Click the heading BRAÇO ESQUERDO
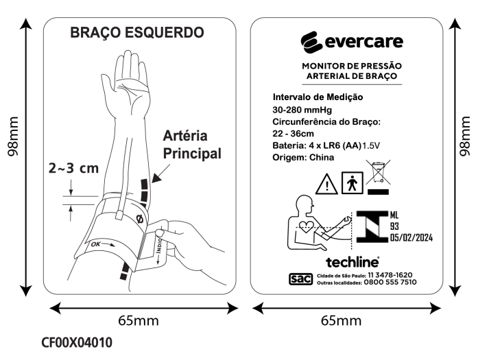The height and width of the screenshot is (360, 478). point(137,33)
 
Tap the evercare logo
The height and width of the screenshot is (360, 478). point(352,42)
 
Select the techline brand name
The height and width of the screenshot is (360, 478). point(352,262)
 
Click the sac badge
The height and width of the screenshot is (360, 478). point(300,279)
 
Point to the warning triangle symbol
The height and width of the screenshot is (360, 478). point(326,184)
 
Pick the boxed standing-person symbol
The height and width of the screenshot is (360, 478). point(352,182)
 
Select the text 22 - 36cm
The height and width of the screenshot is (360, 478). point(293,134)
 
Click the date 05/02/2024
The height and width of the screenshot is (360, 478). point(411,237)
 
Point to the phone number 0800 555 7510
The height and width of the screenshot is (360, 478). point(390,283)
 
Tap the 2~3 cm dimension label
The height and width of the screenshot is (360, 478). point(74,168)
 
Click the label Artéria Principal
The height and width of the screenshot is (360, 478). point(192,145)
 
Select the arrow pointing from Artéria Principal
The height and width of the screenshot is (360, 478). point(160,173)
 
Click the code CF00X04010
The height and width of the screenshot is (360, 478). point(77,342)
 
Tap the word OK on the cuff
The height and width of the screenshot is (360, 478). point(96,244)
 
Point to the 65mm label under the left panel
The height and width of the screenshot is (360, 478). point(139,321)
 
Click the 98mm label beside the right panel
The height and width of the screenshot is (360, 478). point(465,136)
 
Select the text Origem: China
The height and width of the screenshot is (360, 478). point(303,157)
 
